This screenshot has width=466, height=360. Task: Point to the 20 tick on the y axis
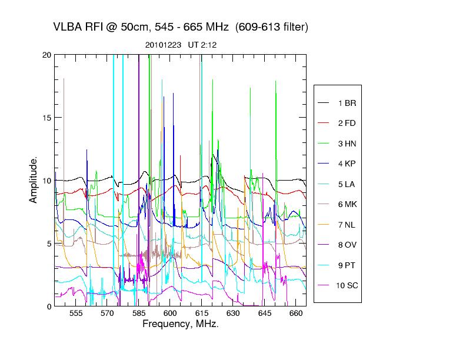[x=46, y=55]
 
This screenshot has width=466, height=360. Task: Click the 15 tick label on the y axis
[x=46, y=118]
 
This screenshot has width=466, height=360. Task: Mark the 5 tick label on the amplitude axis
[x=48, y=243]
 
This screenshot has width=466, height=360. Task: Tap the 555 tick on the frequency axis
[x=76, y=314]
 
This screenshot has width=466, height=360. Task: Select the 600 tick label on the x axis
[x=170, y=314]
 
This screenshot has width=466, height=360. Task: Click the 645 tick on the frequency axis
[x=264, y=314]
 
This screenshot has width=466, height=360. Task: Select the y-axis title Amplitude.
[x=34, y=179]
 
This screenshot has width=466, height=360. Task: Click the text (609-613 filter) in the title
[x=271, y=28]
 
